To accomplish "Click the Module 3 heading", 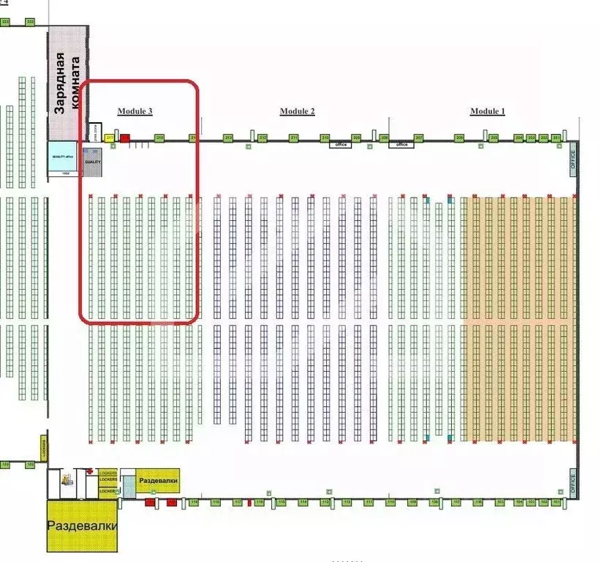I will pos(135,111).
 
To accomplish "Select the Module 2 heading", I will pos(297,111).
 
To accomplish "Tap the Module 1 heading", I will pos(487,111).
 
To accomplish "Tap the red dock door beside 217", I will pos(125,138).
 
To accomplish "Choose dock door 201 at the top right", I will pos(556,138).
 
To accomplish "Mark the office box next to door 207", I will pos(401,145).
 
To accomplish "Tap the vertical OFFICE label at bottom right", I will pos(572,484).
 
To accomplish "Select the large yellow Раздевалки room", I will pos(82,526).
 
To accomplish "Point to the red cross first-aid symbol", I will pos(89,473).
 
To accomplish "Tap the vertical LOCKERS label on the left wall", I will pos(45,448).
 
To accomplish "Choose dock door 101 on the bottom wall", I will pos(556,503).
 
